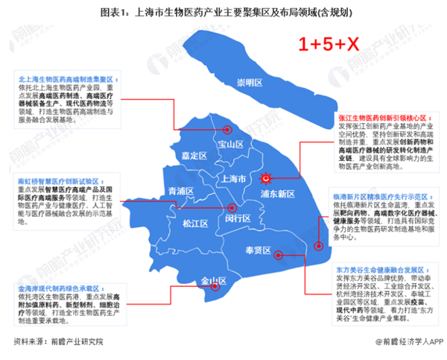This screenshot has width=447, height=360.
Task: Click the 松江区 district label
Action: click(197, 222)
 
